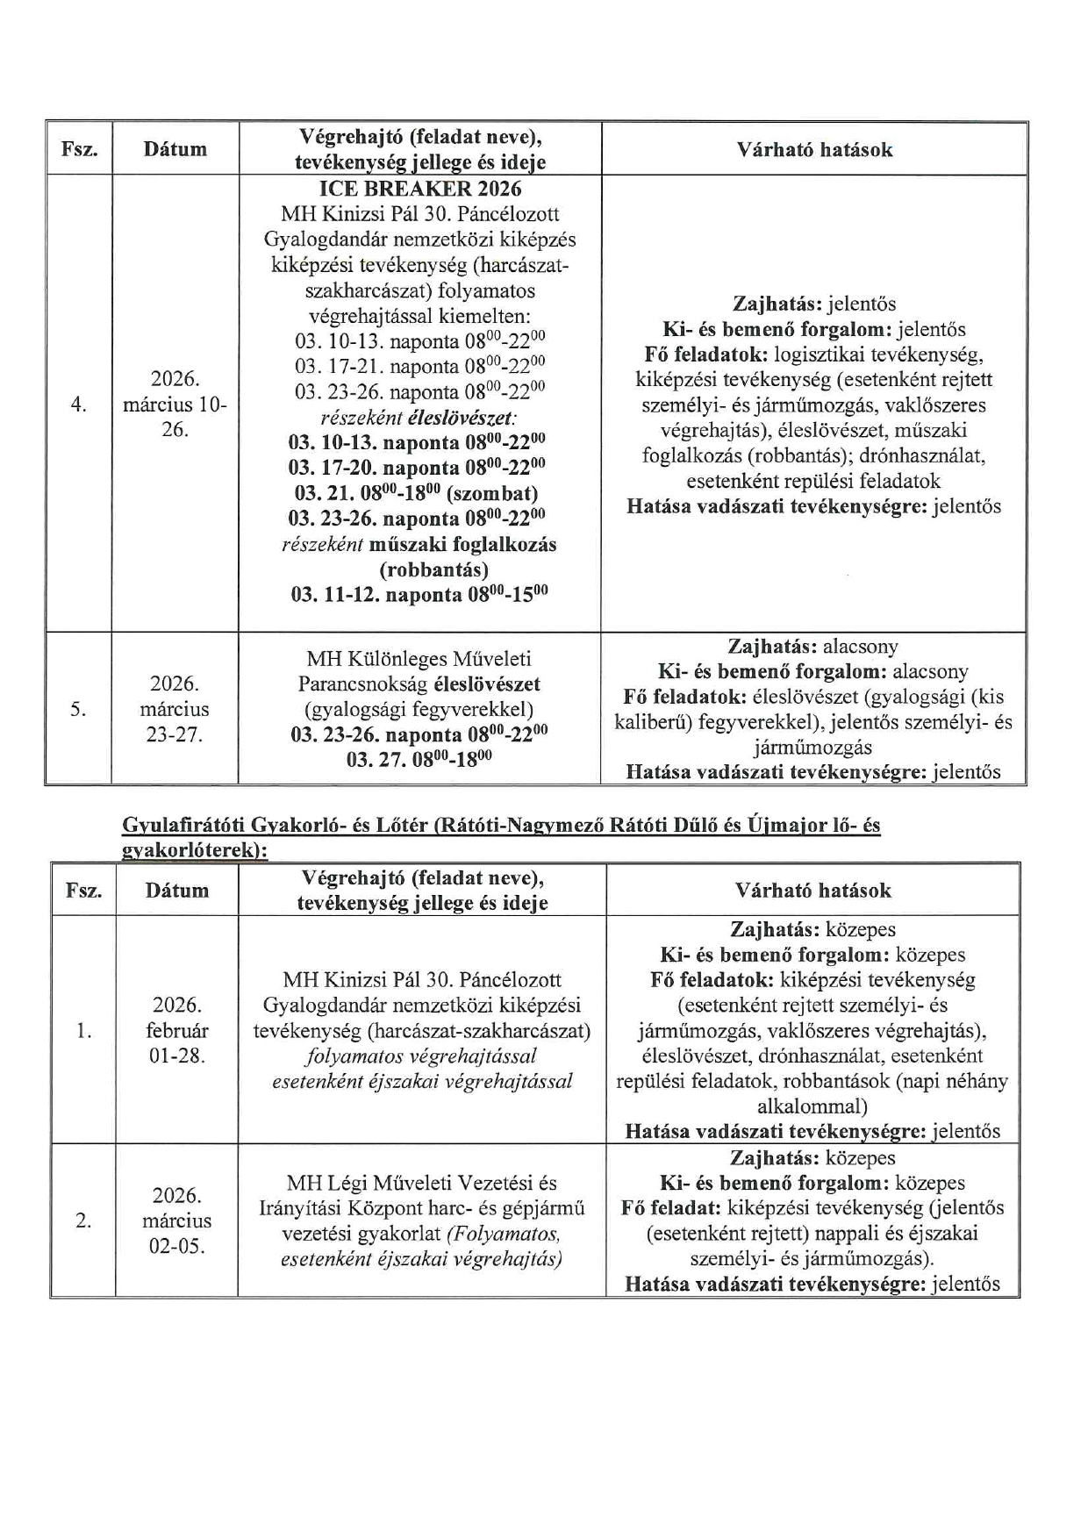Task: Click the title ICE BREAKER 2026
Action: click(x=420, y=189)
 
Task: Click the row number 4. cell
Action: click(x=79, y=404)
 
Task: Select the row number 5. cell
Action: click(x=79, y=709)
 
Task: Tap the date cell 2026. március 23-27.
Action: click(x=175, y=709)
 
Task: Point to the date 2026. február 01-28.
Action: click(x=177, y=1030)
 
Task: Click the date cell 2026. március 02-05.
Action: click(x=177, y=1220)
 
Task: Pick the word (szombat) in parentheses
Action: click(x=492, y=493)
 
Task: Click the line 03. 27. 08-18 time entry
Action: click(x=419, y=760)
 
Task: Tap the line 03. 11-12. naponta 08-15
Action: click(x=419, y=595)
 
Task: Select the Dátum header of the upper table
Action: click(x=175, y=149)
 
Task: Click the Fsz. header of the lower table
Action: click(x=84, y=891)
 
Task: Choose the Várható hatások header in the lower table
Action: click(x=813, y=891)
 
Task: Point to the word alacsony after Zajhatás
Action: click(x=861, y=648)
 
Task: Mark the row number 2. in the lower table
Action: click(x=83, y=1220)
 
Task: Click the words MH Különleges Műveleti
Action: click(x=419, y=659)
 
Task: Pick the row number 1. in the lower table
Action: click(x=83, y=1030)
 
